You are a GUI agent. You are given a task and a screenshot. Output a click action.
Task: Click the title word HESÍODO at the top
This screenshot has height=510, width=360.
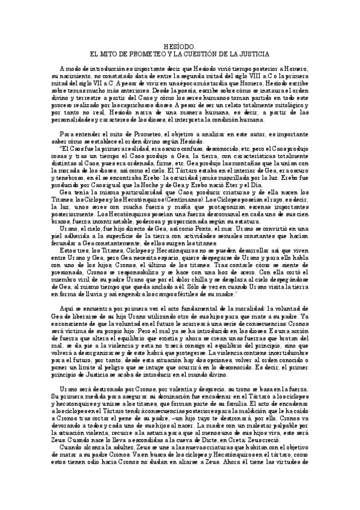tap(180, 46)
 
